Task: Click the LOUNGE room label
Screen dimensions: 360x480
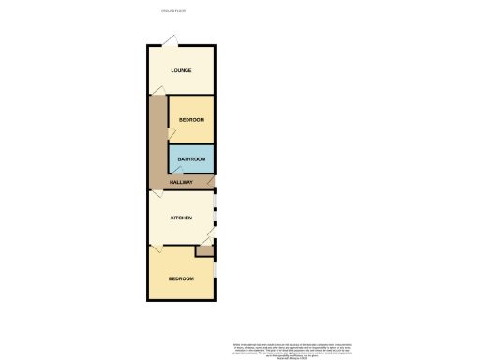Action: pos(181,71)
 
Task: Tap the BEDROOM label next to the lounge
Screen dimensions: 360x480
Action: pos(190,121)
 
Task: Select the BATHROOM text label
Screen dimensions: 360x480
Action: pos(190,159)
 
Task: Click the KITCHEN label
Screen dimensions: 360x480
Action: pos(181,217)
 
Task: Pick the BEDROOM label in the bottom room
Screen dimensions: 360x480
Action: pos(181,279)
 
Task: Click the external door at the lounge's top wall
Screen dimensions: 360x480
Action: pos(171,40)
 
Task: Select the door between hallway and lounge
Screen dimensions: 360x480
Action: pos(158,92)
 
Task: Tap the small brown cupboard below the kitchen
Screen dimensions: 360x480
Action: pos(203,250)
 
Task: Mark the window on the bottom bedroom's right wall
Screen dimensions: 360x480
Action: pos(215,270)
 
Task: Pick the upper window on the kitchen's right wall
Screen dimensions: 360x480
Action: pos(215,201)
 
